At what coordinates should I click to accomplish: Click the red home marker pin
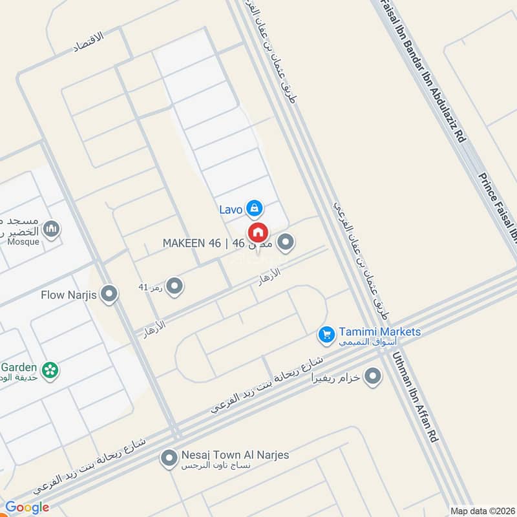coord(257,231)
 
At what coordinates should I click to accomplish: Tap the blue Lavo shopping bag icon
coord(255,207)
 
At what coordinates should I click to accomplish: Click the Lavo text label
coord(230,209)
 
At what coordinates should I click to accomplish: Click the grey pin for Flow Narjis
coord(109,295)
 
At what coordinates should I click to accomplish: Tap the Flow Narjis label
coord(69,295)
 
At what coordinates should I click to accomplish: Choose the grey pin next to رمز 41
coord(174,286)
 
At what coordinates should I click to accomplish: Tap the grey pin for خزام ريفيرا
coord(372,375)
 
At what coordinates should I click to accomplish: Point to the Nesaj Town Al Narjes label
coord(235,455)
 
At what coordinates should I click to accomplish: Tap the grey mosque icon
coord(52,229)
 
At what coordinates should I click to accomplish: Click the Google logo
coord(27,507)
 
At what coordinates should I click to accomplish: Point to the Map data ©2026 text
coord(481,510)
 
